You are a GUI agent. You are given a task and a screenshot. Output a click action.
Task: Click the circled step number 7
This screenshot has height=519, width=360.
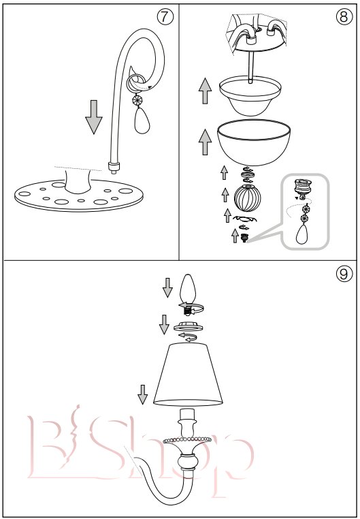[165, 16]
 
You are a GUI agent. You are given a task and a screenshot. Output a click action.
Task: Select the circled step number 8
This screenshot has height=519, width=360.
[344, 16]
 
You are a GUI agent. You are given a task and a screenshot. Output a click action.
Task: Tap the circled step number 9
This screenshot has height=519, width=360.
[344, 274]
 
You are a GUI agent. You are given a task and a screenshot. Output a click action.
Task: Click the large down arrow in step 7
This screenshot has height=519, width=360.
[94, 117]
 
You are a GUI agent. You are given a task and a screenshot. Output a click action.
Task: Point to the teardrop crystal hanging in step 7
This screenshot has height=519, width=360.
[142, 121]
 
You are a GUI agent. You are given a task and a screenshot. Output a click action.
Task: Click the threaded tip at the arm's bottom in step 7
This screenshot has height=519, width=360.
[114, 168]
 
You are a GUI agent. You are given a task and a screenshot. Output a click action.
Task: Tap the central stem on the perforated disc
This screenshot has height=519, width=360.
[78, 180]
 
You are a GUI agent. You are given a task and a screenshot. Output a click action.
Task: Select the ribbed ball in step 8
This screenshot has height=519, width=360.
[247, 198]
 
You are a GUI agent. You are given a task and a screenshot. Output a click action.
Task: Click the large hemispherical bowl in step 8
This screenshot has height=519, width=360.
[254, 142]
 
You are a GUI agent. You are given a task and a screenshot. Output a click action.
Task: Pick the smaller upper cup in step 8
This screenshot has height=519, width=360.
[250, 96]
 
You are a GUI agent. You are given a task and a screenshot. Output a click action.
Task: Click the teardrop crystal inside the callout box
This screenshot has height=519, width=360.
[302, 234]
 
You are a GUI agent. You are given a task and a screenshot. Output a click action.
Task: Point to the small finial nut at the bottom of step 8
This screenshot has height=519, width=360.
[244, 238]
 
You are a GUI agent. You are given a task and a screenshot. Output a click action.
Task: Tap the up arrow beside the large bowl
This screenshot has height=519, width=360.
[205, 142]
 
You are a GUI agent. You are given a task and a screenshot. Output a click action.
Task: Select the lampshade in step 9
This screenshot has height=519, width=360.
[188, 375]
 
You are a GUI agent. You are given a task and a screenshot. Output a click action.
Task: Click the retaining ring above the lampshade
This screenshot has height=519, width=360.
[188, 326]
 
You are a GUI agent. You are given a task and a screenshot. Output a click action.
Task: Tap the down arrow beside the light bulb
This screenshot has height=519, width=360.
[167, 287]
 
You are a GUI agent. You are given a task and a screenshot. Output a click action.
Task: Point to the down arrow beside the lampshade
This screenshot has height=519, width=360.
[142, 394]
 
